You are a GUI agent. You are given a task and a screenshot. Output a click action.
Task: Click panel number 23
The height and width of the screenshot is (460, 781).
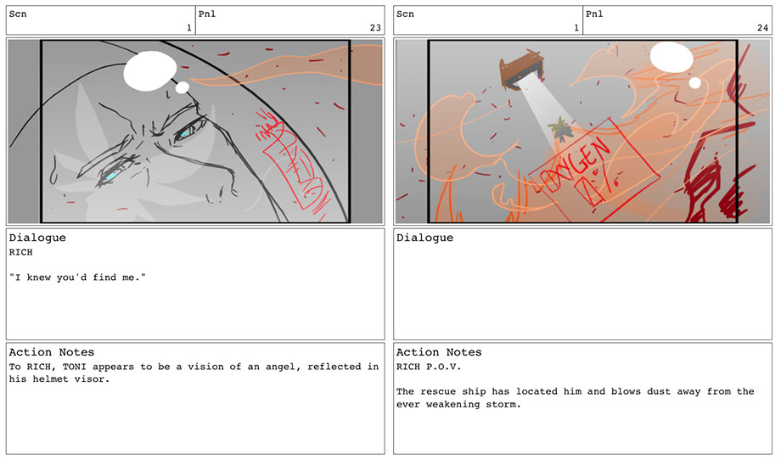[375, 28]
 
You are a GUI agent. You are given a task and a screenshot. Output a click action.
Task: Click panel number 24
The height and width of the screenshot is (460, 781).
[762, 28]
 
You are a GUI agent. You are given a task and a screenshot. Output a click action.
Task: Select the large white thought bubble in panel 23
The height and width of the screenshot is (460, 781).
[150, 71]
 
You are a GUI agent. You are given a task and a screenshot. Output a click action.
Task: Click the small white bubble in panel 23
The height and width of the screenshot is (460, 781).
[183, 87]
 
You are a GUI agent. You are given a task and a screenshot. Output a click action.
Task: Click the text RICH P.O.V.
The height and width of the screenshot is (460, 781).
[429, 367]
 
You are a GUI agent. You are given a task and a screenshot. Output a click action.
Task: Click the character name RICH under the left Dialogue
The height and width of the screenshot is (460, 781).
[21, 252]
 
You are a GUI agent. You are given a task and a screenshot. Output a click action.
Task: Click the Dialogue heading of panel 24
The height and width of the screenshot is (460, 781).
[424, 238]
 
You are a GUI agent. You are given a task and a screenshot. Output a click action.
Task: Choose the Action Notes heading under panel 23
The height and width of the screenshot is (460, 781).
[51, 352]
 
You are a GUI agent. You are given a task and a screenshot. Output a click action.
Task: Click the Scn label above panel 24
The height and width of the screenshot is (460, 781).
[405, 14]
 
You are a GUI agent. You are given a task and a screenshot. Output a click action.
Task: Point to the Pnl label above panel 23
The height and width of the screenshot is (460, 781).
[207, 14]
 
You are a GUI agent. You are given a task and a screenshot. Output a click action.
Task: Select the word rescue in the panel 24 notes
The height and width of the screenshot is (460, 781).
[438, 392]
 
